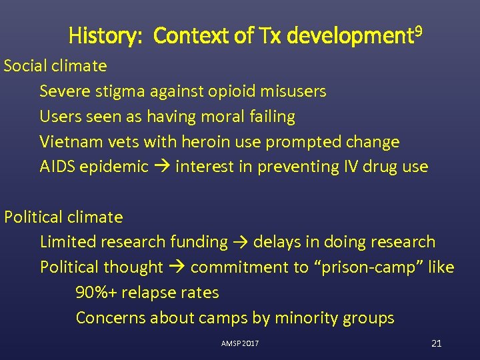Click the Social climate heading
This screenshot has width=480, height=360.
click(55, 65)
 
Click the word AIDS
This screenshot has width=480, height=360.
click(57, 167)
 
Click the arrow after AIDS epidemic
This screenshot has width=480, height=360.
click(161, 167)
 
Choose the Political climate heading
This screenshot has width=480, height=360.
click(64, 217)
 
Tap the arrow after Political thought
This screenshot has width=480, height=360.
click(177, 267)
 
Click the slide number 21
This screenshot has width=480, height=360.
click(437, 343)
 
